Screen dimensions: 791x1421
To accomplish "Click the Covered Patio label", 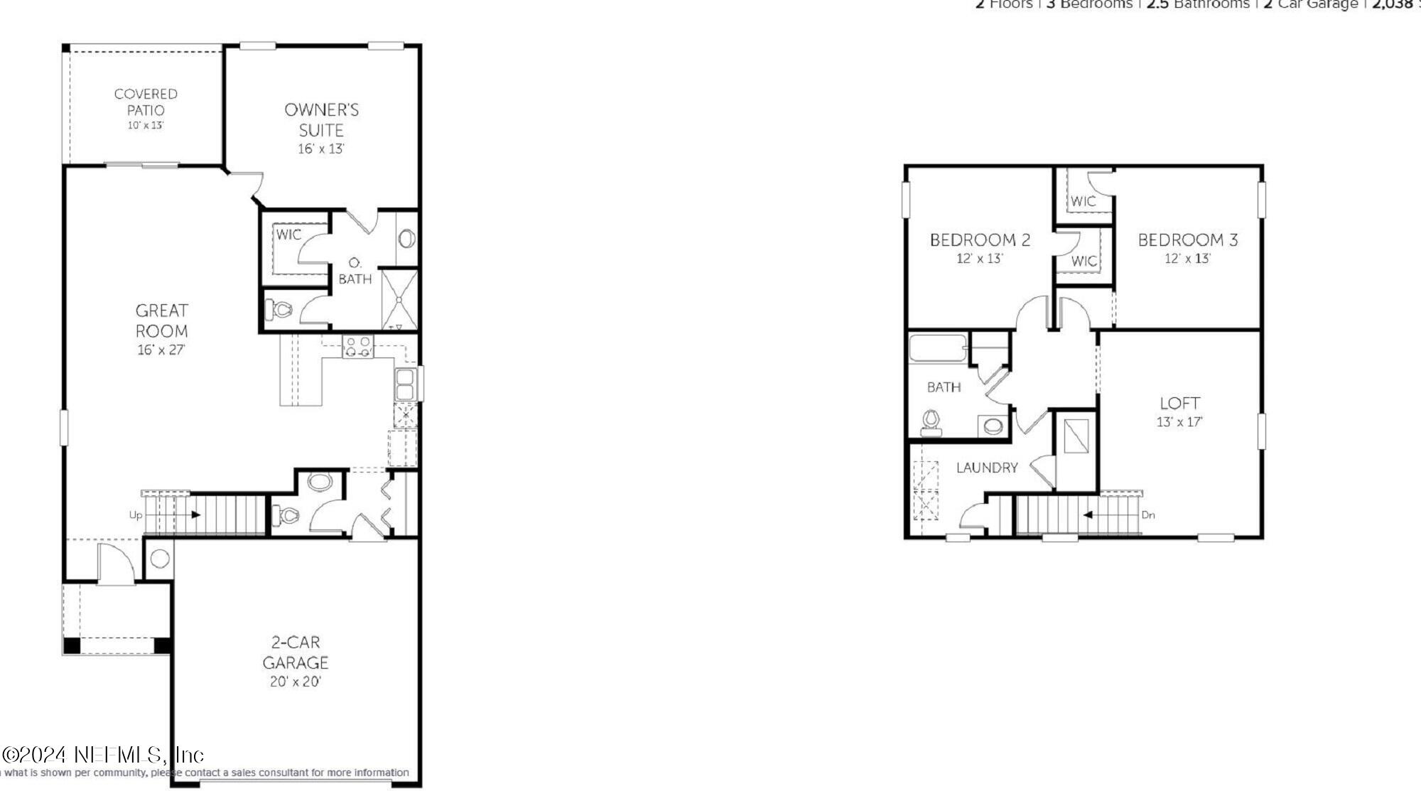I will [146, 102].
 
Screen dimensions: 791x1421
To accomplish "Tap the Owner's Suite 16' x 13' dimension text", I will [321, 149].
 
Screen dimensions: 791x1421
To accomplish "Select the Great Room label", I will [162, 321].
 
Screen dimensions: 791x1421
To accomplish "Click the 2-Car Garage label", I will [296, 652].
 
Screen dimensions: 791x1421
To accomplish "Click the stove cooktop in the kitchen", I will [357, 346].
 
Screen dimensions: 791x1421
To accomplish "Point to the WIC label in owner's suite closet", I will [288, 235].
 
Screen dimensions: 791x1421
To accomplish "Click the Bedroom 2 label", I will [980, 240].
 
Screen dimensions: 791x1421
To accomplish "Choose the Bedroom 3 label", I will [1187, 240].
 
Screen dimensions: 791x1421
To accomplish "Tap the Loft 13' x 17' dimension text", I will [1179, 422].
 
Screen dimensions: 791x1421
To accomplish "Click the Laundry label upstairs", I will [987, 468].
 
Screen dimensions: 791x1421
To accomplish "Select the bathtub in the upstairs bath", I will [938, 349].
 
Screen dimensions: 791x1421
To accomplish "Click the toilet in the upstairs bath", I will [931, 424].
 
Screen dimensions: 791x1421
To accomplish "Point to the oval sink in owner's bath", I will [407, 239].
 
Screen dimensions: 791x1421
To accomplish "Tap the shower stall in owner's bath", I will [400, 298].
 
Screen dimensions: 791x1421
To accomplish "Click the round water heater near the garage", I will [160, 559].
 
